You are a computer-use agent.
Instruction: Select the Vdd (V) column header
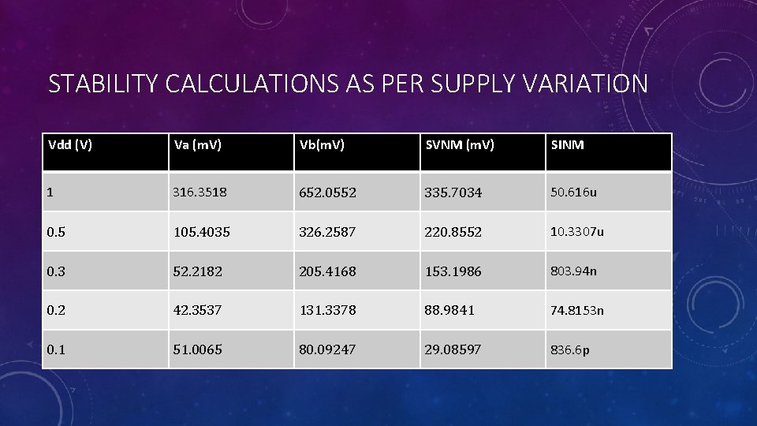[70, 145]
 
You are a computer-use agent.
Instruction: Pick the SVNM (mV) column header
[460, 145]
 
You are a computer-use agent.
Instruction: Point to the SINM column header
[567, 145]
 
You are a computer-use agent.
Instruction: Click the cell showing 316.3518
[201, 192]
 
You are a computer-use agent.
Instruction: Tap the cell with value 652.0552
[327, 192]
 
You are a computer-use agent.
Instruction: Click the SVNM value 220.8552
[453, 232]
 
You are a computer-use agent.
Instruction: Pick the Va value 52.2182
[198, 271]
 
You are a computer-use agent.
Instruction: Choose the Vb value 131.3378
[327, 311]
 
